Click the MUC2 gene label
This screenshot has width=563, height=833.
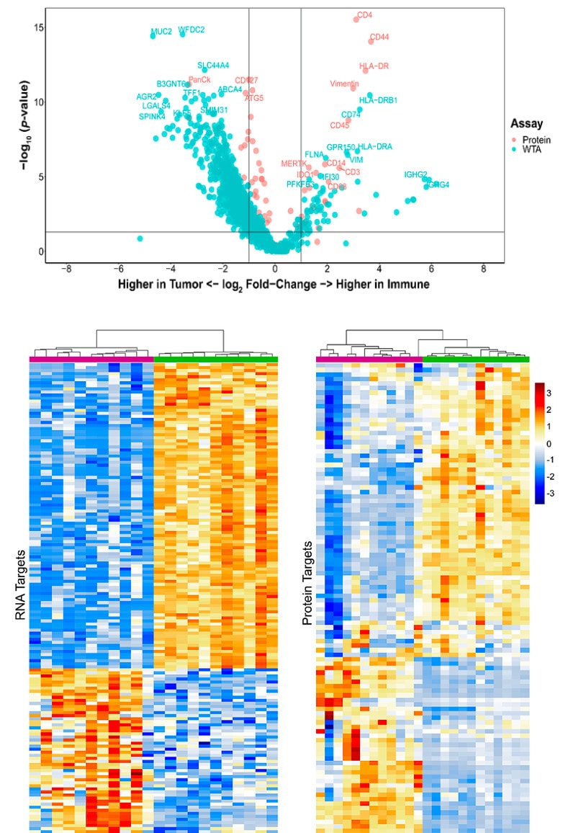tap(161, 32)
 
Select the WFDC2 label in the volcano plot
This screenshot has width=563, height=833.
tap(192, 30)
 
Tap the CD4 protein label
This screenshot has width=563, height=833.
tap(365, 14)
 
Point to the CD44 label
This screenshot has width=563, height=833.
tap(379, 37)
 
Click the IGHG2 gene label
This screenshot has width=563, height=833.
tap(415, 174)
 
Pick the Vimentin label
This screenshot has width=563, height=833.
tap(344, 84)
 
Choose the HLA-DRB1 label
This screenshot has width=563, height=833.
tap(378, 100)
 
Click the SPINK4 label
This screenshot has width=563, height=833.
tap(152, 116)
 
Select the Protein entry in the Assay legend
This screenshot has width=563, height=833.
tap(533, 139)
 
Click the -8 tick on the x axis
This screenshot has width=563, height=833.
tap(67, 269)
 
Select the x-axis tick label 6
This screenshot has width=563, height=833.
tap(431, 269)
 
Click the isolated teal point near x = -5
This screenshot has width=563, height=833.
tap(140, 239)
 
